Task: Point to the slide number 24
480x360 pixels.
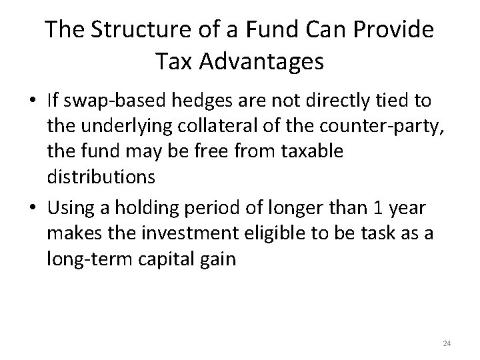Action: (447, 343)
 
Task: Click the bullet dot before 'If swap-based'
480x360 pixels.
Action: (33, 102)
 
